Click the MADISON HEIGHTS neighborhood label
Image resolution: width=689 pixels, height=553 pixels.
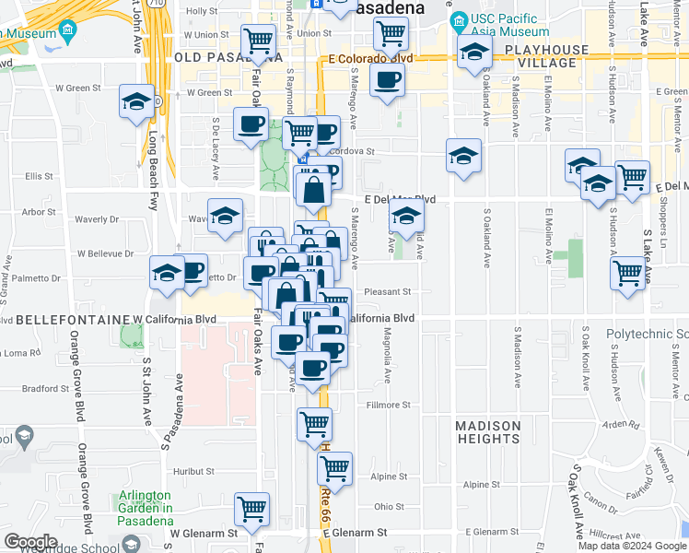pyautogui.click(x=488, y=432)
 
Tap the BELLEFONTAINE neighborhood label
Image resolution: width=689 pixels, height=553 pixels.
pyautogui.click(x=73, y=319)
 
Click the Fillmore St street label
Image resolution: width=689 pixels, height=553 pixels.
pyautogui.click(x=387, y=405)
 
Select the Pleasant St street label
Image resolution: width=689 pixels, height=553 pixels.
pyautogui.click(x=386, y=291)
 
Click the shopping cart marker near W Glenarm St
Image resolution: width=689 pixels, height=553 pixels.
pyautogui.click(x=251, y=508)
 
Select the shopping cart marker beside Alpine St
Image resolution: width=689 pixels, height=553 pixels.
pyautogui.click(x=334, y=467)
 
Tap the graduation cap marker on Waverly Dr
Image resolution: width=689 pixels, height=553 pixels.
pyautogui.click(x=225, y=216)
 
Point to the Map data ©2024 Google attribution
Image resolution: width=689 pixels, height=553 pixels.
pyautogui.click(x=632, y=546)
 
